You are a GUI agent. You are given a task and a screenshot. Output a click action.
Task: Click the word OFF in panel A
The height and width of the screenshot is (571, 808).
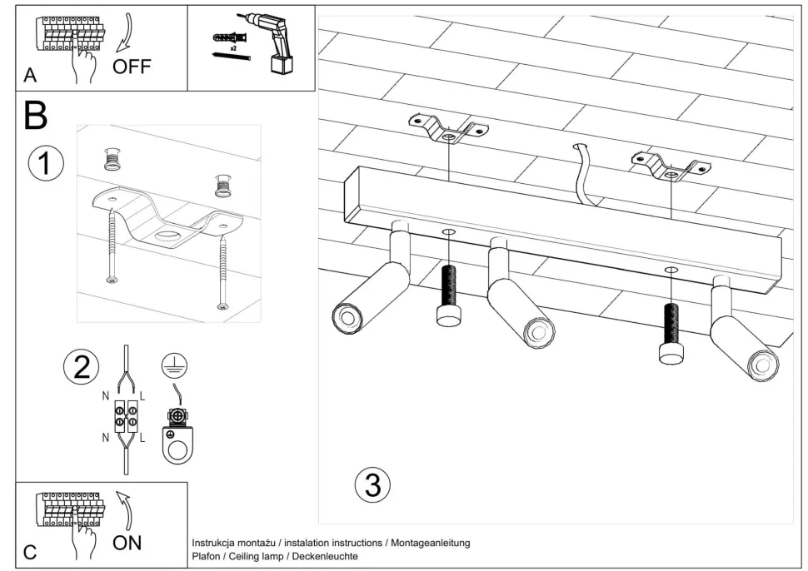[132, 67]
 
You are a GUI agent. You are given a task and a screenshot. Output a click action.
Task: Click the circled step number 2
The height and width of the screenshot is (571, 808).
[82, 366]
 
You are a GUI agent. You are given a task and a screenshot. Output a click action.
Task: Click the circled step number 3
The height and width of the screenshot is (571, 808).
[372, 484]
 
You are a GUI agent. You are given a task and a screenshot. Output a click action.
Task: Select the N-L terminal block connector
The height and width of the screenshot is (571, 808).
[126, 415]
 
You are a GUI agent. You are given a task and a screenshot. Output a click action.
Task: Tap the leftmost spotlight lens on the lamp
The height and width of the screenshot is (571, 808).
[346, 317]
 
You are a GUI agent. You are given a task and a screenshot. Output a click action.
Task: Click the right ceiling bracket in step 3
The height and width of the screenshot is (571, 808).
[671, 165]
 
